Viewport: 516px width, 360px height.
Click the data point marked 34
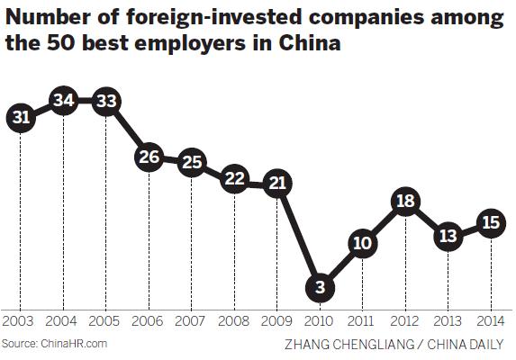pos(64,100)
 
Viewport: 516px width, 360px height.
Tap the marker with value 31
pos(22,116)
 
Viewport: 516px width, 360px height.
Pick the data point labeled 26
pos(149,157)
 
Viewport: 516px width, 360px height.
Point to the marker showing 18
pos(405,202)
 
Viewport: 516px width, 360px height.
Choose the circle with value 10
pos(363,244)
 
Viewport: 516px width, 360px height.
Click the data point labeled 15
pos(491,223)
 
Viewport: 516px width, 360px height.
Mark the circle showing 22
pos(235,179)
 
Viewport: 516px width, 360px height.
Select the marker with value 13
pos(448,236)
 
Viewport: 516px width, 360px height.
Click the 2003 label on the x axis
pos(20,321)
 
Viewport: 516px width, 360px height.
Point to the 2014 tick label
pos(491,321)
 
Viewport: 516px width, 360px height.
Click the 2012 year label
pos(405,321)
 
